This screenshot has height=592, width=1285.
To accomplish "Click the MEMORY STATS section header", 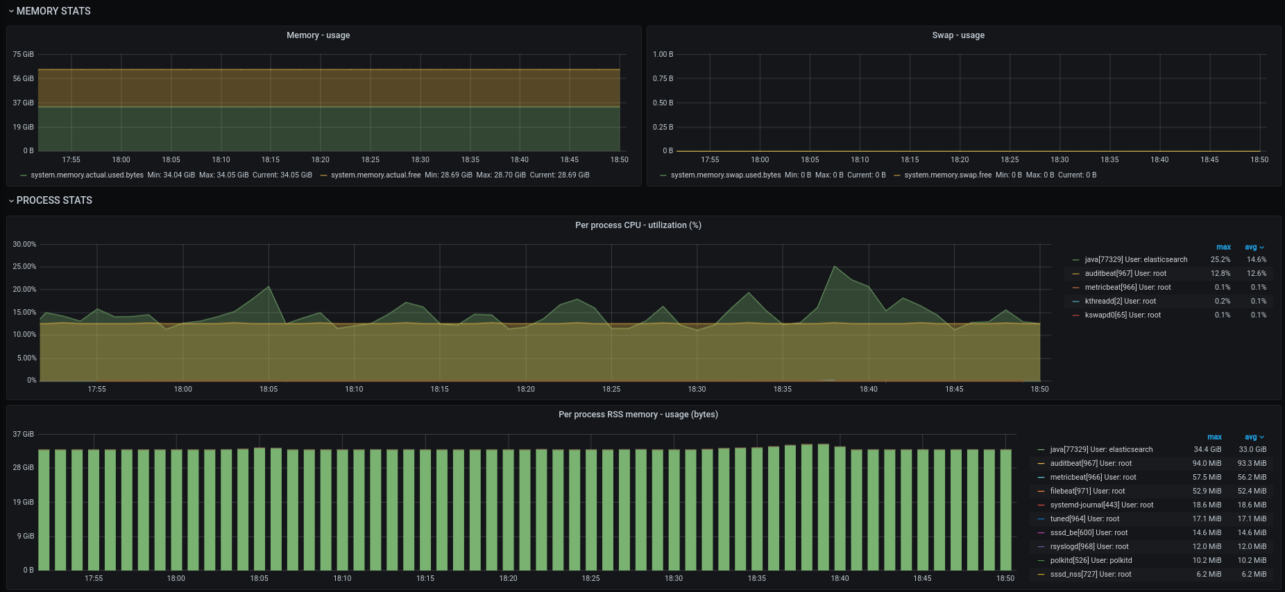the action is coord(53,11).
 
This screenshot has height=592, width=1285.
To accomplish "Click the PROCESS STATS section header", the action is coord(54,200).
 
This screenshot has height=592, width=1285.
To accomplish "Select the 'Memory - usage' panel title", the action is coord(318,35).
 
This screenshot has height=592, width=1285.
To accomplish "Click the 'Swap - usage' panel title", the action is coord(958,35).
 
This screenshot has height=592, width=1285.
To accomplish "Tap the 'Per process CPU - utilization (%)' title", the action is coord(638,225).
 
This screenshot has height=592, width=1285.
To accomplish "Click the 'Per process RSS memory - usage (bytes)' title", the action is coord(638,415).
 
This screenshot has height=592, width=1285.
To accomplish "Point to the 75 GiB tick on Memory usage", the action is coord(23,54).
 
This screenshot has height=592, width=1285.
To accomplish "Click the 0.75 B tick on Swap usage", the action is coord(663,78).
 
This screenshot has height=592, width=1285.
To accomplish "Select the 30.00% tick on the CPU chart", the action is coord(24,244).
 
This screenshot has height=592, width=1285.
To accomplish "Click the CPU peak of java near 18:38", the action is coord(835,266).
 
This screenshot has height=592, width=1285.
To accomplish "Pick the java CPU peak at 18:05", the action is coord(269,286).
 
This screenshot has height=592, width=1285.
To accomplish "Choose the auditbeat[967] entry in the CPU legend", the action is coord(1125,273).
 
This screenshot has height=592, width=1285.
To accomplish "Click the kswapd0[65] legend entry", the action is coord(1123,315).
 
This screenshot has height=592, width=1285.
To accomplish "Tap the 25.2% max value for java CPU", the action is coord(1220,259).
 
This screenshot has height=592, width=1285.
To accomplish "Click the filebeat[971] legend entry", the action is coord(1087,491).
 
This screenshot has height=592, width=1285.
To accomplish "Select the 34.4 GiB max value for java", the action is coord(1207,449).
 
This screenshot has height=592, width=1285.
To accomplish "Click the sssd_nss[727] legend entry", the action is coord(1091,574).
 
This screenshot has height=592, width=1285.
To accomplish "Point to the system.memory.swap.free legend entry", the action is coord(948,175).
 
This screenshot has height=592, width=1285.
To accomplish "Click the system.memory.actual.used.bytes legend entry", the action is coord(87,175).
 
